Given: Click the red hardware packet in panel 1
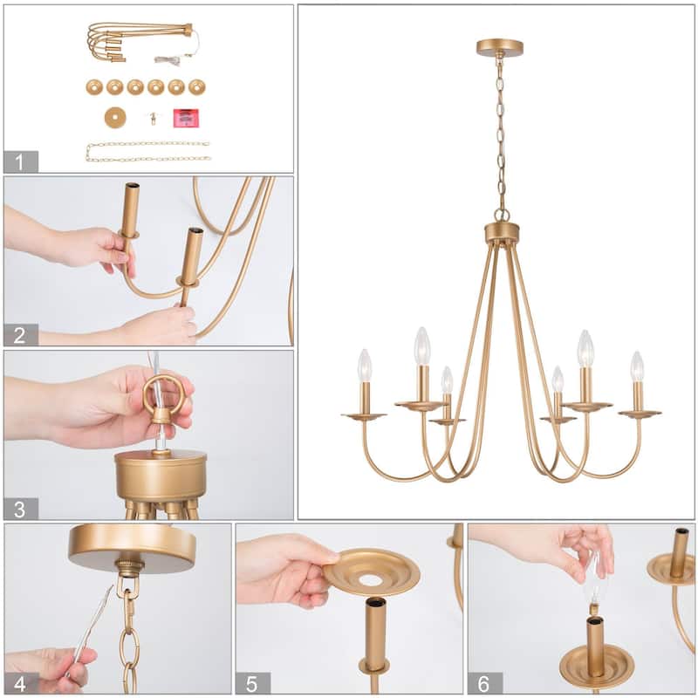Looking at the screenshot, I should (185, 118).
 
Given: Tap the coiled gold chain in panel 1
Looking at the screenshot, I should (148, 152).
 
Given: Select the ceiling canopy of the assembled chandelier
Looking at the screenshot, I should (500, 46).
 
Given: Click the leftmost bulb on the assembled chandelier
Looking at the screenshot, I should (365, 366).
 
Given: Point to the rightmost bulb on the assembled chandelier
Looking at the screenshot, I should (637, 366).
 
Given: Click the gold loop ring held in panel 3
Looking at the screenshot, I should (164, 393).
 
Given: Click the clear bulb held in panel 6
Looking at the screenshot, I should (596, 580).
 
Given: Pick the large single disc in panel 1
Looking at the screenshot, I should (114, 118).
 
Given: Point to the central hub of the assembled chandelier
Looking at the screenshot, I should (502, 233).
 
